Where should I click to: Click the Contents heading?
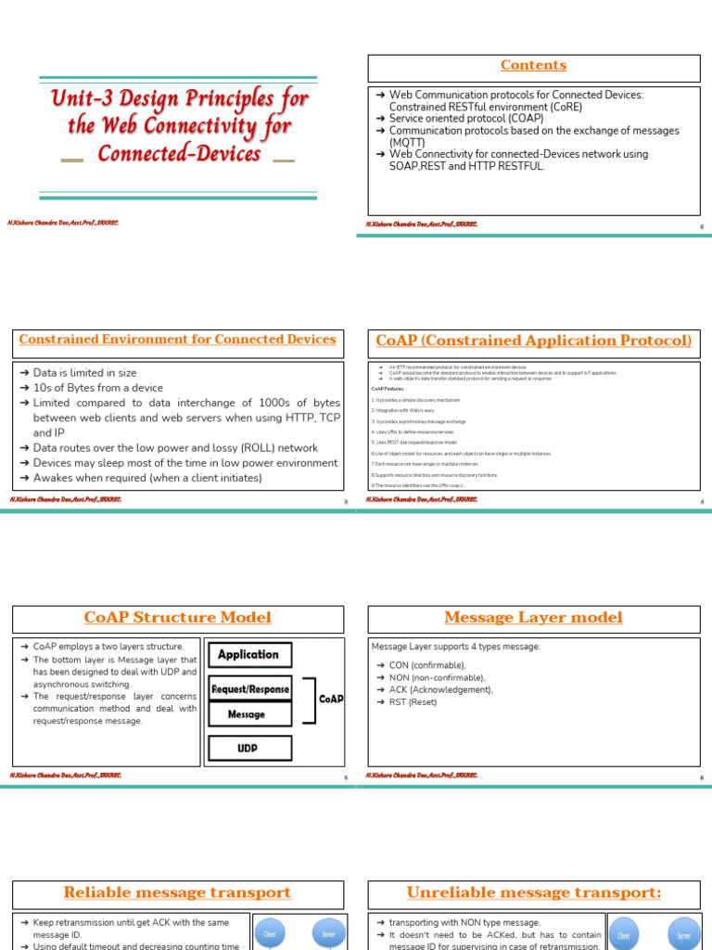[x=533, y=66]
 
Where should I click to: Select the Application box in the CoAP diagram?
[x=248, y=654]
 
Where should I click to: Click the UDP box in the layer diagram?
[x=248, y=747]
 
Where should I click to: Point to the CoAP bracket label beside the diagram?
[x=330, y=700]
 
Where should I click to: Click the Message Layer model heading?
[x=534, y=618]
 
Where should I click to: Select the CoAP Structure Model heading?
[x=177, y=618]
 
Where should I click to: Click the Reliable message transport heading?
[x=177, y=893]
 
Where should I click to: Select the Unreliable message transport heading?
[x=534, y=893]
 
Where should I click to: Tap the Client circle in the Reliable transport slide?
[x=270, y=934]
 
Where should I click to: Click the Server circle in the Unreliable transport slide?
[x=683, y=936]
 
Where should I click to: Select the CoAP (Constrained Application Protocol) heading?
[x=534, y=341]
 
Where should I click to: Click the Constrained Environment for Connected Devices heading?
[x=177, y=340]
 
